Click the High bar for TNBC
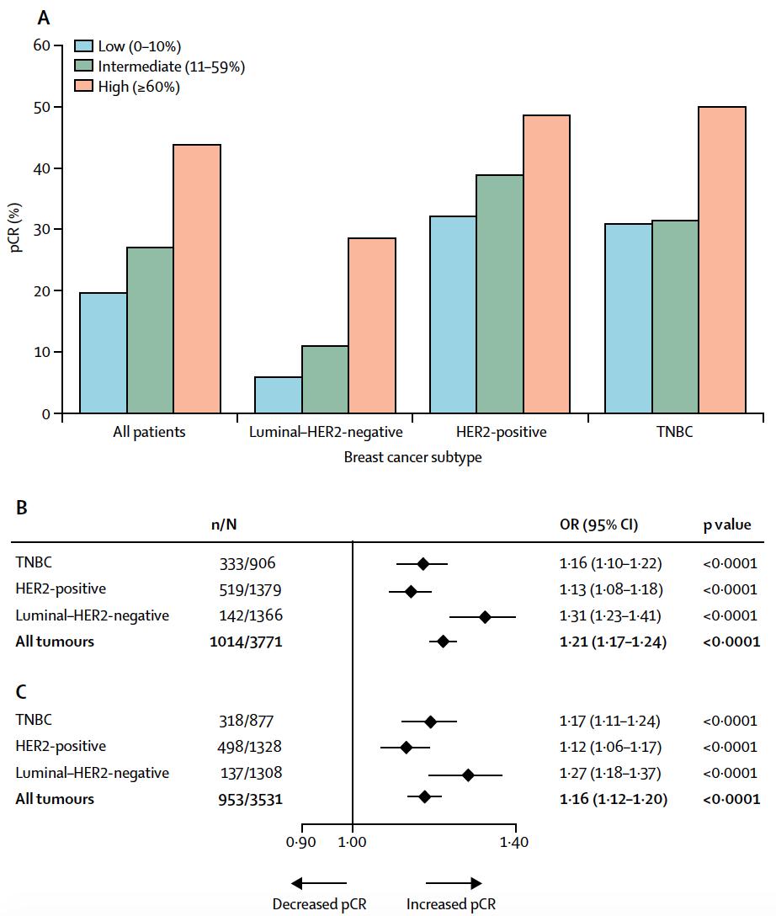(721, 260)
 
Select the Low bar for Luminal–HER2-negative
(278, 395)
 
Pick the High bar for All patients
(197, 279)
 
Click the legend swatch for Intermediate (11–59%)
(84, 66)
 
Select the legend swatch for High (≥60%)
(84, 86)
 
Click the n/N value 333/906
(246, 563)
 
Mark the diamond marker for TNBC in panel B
(423, 563)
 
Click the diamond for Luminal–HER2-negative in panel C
(468, 773)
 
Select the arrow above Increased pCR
(453, 882)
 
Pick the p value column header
(726, 525)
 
